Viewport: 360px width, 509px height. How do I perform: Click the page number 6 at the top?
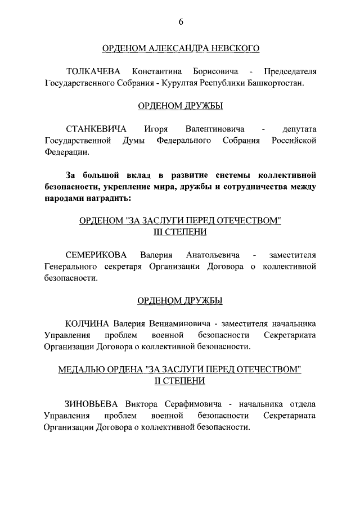(x=181, y=22)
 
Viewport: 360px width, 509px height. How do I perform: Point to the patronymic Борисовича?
(x=214, y=72)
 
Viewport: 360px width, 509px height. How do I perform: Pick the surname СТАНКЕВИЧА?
(x=96, y=129)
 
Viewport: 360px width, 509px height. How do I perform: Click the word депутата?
(x=294, y=129)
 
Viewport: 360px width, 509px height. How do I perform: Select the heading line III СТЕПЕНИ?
(x=180, y=232)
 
